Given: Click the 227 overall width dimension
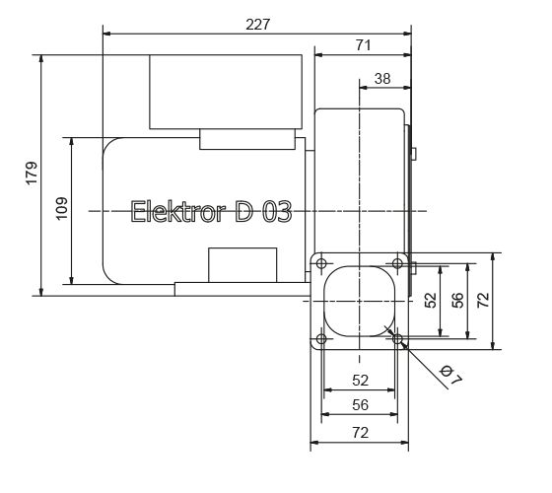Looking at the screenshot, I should click(x=257, y=23).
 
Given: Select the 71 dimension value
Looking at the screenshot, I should click(x=363, y=45).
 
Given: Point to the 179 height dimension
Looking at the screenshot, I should click(x=32, y=174).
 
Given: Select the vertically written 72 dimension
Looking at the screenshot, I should click(x=482, y=300).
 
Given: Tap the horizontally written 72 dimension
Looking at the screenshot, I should click(x=360, y=433).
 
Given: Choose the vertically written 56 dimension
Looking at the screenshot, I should click(x=457, y=300).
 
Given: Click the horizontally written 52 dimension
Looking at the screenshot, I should click(x=360, y=380).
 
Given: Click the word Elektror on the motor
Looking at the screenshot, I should click(x=178, y=212).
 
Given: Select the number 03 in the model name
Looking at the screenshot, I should click(x=275, y=212).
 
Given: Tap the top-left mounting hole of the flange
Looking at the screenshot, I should click(x=321, y=262).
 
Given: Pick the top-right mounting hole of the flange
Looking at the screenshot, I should click(x=397, y=262).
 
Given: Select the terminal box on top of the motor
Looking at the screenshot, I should click(x=224, y=92).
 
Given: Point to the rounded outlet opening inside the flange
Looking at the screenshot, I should click(x=360, y=301).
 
